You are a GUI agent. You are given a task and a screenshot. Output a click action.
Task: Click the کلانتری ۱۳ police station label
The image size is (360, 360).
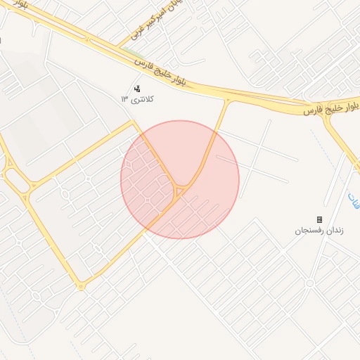(x=137, y=99)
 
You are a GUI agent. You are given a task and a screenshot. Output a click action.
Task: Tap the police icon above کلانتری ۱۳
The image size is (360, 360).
(x=137, y=89)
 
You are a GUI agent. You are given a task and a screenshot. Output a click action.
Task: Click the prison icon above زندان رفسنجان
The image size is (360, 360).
(x=319, y=220)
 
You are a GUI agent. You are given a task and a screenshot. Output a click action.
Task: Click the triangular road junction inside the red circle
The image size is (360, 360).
(x=180, y=191)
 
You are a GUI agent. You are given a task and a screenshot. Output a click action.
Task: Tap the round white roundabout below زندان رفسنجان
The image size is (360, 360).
(x=309, y=283)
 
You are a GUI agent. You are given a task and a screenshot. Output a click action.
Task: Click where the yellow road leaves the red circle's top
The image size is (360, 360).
(x=214, y=131)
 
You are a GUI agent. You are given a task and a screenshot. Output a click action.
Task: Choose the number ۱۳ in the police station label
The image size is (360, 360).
(x=124, y=99)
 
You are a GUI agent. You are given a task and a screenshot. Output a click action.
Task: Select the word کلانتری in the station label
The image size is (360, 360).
(x=142, y=99)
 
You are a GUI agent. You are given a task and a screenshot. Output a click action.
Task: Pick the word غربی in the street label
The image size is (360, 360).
(x=139, y=32)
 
